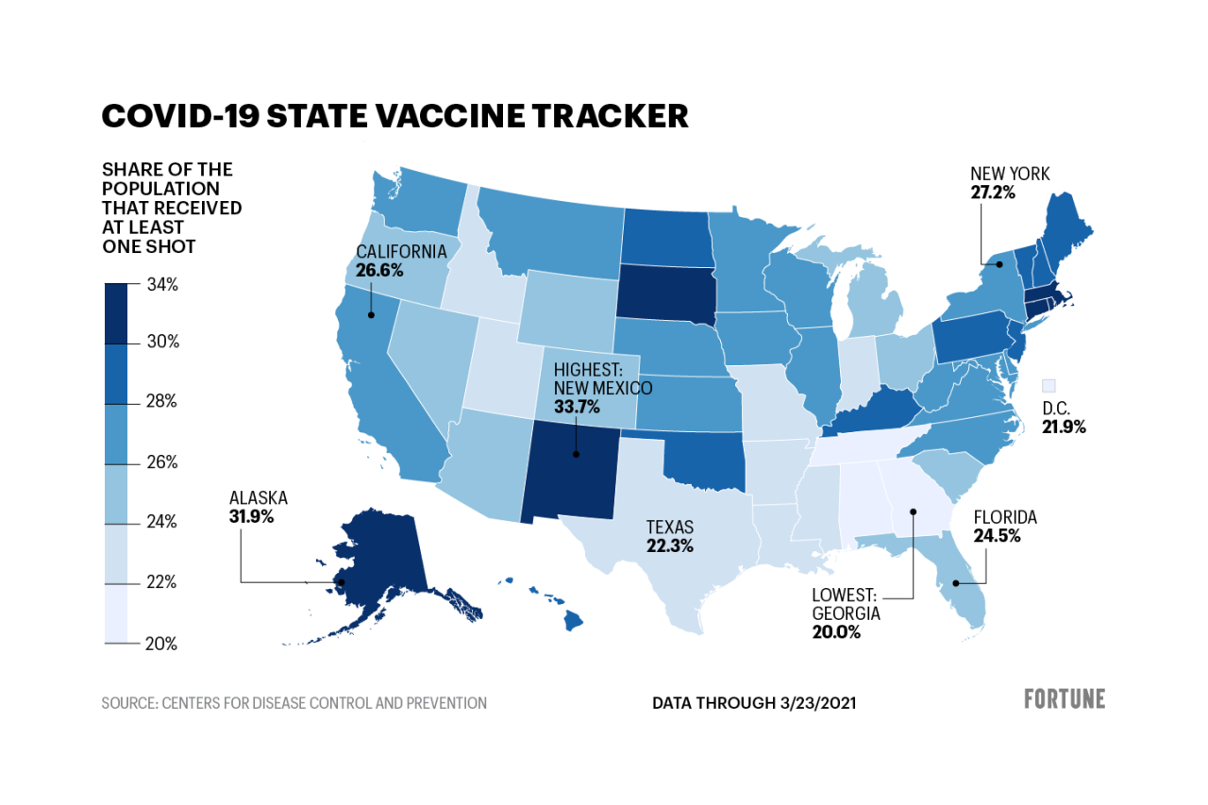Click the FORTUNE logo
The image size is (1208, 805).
click(x=1064, y=699)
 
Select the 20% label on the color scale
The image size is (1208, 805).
click(x=160, y=644)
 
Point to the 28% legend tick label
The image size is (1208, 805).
click(x=160, y=402)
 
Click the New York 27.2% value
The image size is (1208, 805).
click(x=993, y=192)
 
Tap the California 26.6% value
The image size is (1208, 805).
click(x=379, y=270)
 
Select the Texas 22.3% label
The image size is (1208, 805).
click(x=669, y=546)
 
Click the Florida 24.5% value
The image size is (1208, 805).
click(x=997, y=536)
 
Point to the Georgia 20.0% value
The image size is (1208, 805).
click(x=836, y=632)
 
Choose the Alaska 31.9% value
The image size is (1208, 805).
click(x=251, y=516)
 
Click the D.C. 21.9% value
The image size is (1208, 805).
click(x=1063, y=427)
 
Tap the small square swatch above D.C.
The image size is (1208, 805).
click(x=1049, y=385)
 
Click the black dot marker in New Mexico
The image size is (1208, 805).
click(x=575, y=454)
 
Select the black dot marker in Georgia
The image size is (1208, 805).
click(x=914, y=512)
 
